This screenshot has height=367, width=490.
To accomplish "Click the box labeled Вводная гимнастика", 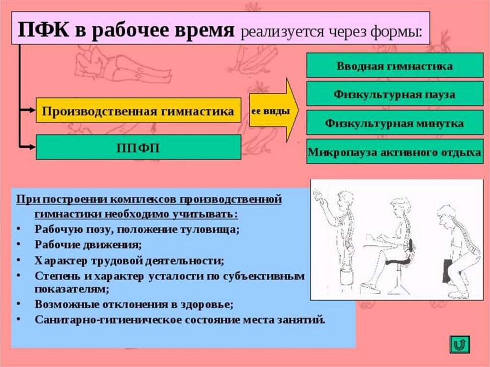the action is [x=394, y=66].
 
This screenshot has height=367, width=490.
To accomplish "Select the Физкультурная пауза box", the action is [x=394, y=94].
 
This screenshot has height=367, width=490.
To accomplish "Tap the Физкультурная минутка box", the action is [x=394, y=123].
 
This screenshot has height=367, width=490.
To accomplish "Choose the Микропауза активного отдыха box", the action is [x=394, y=152].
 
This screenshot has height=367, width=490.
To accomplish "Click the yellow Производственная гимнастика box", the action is [x=138, y=111].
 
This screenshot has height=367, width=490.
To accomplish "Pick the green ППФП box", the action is [x=138, y=147].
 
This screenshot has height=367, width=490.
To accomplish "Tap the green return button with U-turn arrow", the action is [x=460, y=345].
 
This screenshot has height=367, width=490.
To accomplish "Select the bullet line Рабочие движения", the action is [x=88, y=245].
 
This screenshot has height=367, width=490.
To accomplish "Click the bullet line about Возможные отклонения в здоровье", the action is [x=134, y=304].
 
